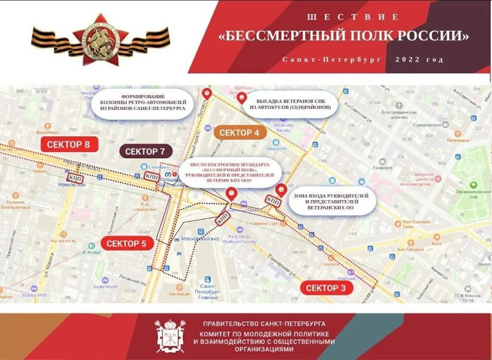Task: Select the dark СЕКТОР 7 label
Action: (x=148, y=152)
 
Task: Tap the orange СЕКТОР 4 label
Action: (x=240, y=132)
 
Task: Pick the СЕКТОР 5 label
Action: (x=126, y=243)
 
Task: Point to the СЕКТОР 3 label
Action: (x=326, y=288)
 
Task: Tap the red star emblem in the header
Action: (x=100, y=40)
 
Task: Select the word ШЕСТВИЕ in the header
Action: (x=353, y=17)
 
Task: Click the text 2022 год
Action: (x=419, y=60)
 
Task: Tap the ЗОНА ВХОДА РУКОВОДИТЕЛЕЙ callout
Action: (x=331, y=202)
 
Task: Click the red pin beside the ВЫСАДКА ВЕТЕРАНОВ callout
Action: (x=242, y=99)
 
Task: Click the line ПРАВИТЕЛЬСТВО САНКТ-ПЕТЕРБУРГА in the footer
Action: (x=264, y=324)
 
